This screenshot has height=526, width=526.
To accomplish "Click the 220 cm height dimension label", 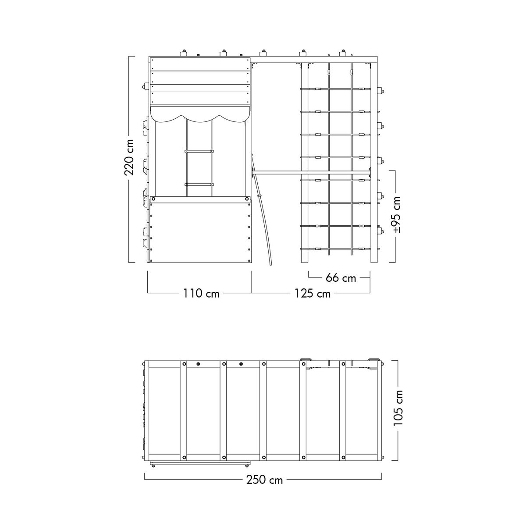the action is coord(129,157).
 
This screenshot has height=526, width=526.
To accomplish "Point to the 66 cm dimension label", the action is coord(341,278).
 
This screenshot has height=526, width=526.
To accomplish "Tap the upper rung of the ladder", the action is coord(199,151).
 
